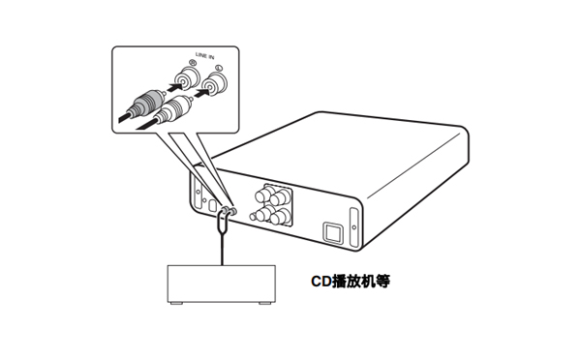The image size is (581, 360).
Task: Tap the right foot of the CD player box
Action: [x=262, y=306]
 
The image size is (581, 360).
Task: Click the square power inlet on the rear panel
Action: [x=331, y=232]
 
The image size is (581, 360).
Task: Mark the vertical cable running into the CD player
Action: [x=224, y=242]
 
